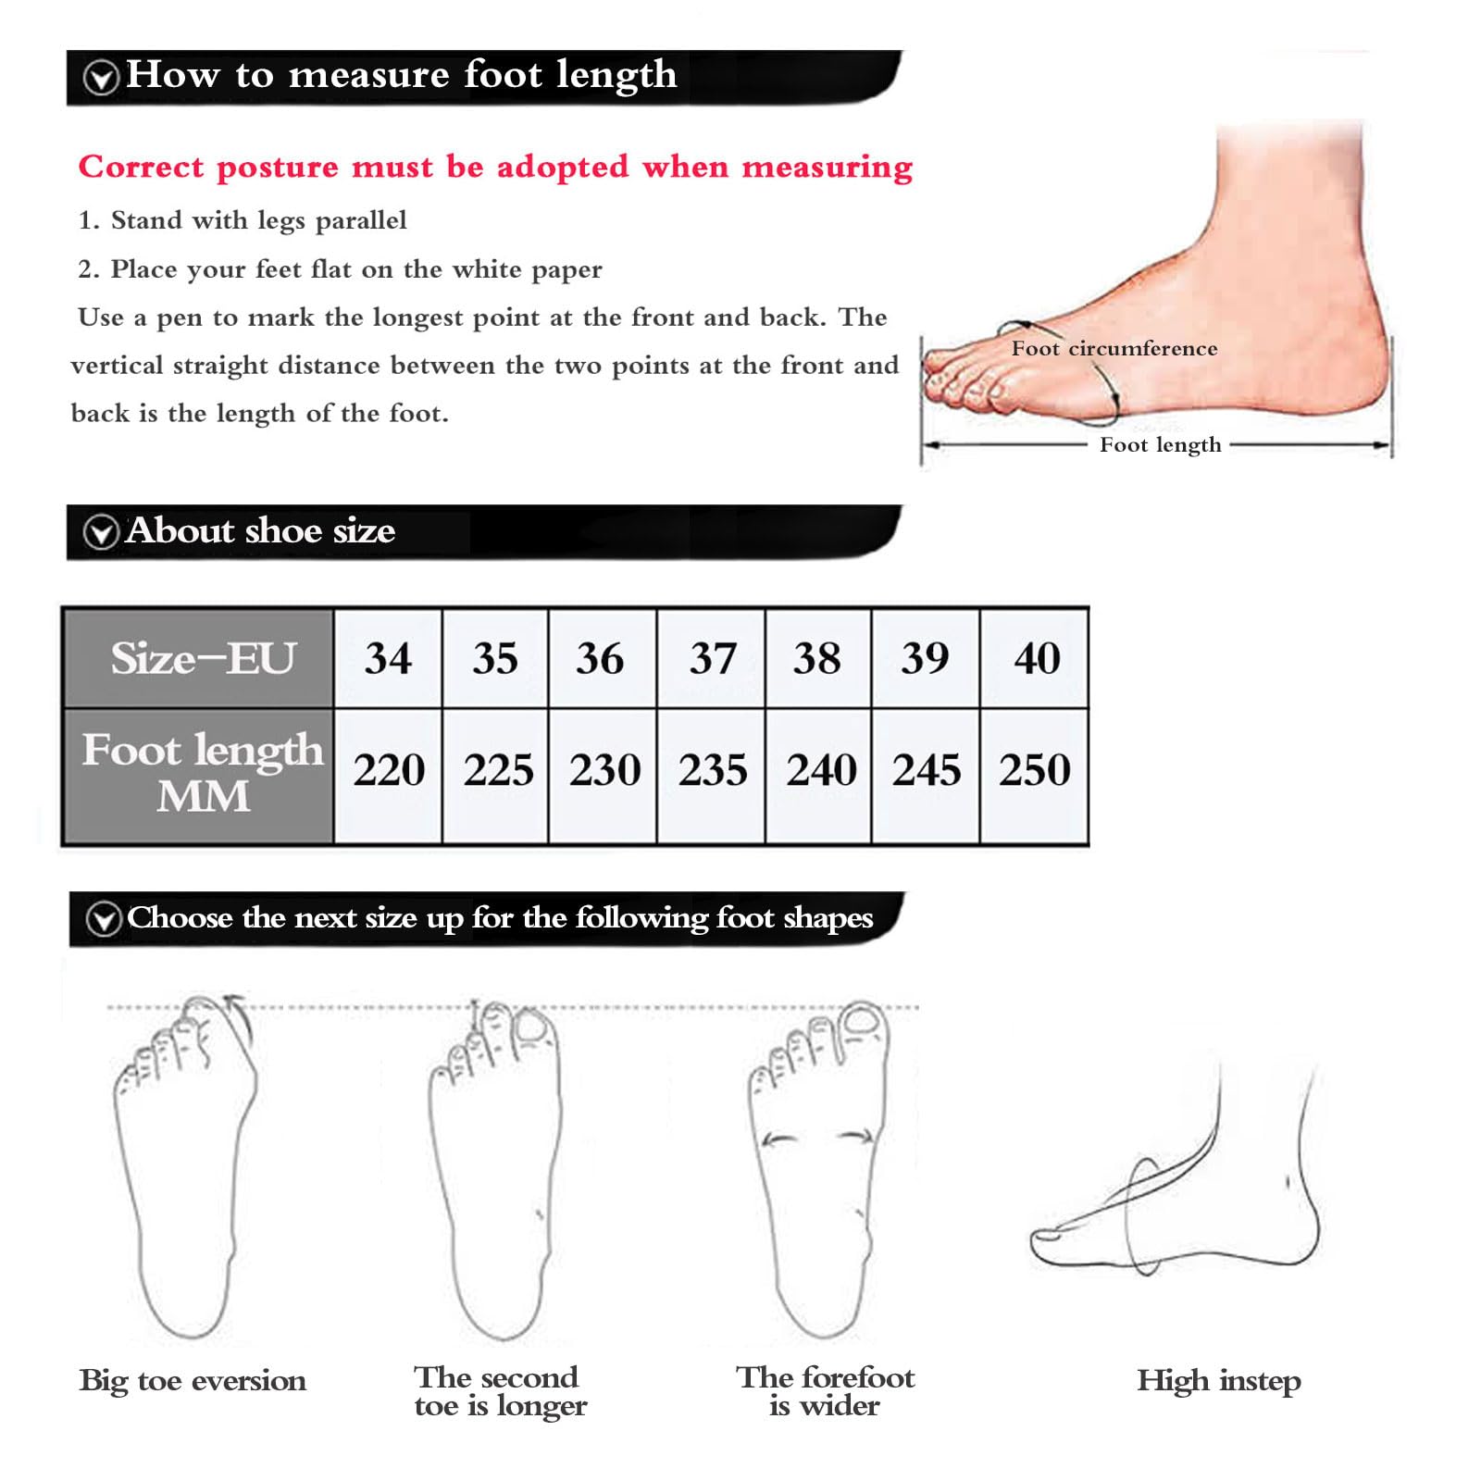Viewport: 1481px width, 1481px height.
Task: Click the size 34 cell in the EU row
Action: pos(388,658)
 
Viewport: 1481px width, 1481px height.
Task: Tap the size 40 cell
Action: pos(1034,658)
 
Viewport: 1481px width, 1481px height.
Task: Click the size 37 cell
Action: pos(712,658)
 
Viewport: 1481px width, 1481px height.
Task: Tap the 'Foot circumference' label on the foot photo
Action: pos(1114,348)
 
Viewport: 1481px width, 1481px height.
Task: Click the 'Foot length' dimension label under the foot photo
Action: pos(1161,445)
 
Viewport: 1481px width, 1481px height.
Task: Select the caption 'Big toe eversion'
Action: pos(193,1380)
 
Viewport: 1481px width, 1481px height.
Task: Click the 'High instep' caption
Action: pos(1219,1381)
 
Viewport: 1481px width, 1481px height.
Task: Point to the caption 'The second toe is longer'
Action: pos(500,1391)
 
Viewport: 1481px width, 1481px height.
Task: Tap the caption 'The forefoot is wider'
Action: pos(825,1391)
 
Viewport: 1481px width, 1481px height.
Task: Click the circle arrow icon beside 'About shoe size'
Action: pos(101,532)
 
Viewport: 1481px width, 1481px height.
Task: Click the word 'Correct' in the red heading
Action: pos(141,167)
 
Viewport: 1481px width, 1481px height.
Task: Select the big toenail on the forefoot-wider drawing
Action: pos(863,1021)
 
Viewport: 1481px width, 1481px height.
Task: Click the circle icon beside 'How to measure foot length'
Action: pos(101,78)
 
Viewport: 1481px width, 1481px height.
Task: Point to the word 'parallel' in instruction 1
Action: pos(361,220)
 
